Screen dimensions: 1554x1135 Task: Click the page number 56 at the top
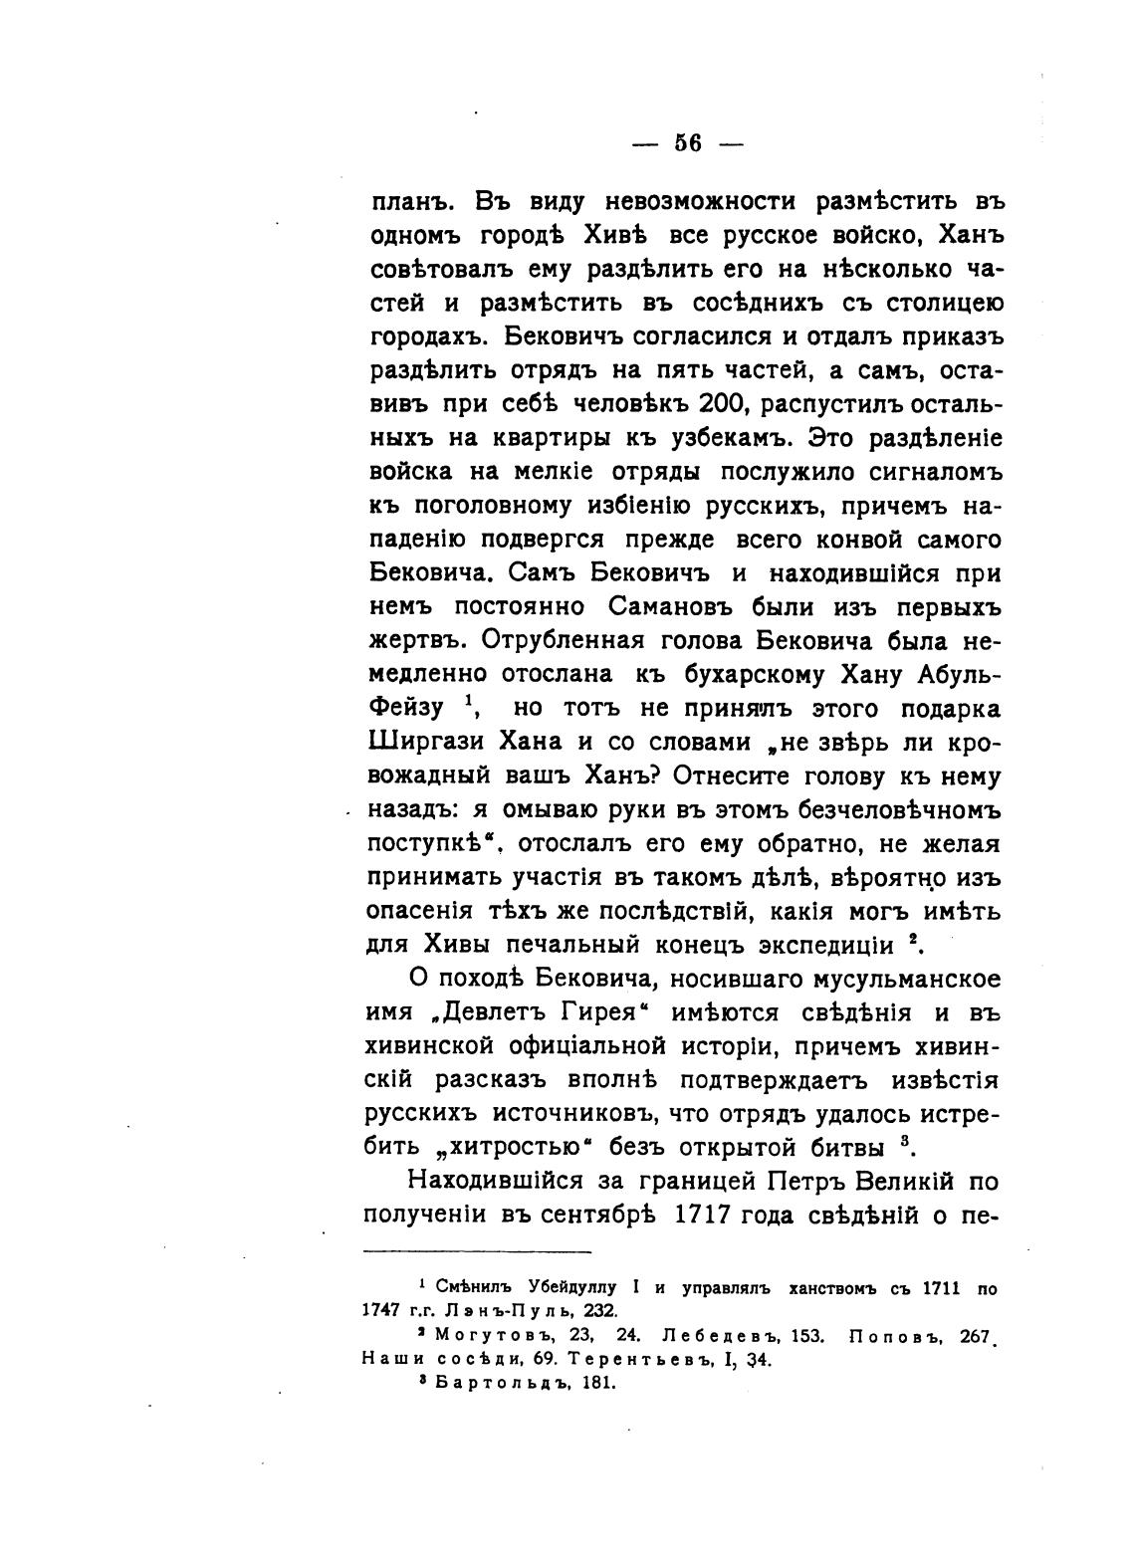pyautogui.click(x=688, y=143)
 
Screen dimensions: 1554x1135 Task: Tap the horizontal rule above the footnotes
pyautogui.click(x=477, y=1251)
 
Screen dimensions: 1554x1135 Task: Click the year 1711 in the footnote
pyautogui.click(x=939, y=1288)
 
